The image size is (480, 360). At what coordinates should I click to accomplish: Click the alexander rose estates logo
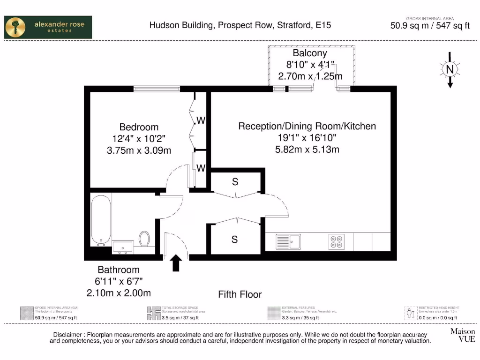point(48,27)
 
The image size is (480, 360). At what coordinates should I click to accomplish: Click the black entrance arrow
point(176,263)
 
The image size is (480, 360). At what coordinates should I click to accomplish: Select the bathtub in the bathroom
point(101,220)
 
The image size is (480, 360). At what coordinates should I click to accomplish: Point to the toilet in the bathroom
point(144,238)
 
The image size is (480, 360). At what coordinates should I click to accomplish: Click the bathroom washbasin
point(123,246)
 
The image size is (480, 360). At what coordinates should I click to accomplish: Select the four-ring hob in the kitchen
point(336,242)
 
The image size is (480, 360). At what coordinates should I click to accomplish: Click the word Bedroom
point(139,127)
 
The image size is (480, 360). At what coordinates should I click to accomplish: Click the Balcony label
point(310,53)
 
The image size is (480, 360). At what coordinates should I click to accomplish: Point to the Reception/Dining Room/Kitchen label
point(307,126)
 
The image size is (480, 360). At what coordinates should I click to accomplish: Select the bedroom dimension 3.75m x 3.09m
point(139,150)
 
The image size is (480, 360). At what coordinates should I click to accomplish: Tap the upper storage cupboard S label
point(235,182)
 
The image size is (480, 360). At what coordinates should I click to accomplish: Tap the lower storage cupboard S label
point(234,240)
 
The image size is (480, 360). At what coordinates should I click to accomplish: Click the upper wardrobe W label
point(201,120)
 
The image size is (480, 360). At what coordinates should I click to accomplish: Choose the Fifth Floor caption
point(240,294)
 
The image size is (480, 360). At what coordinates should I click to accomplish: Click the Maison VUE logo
point(462,335)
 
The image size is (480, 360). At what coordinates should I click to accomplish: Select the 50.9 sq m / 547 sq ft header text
point(430,26)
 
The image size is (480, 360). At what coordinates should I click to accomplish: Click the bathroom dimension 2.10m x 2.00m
point(119,293)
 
